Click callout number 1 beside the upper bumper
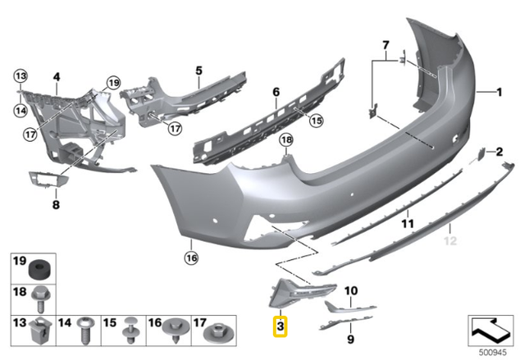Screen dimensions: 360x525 coord(497,93)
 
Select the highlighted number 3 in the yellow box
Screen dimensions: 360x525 coord(281,326)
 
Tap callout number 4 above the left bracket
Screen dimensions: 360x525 coord(57,78)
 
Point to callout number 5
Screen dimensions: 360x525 coord(198,71)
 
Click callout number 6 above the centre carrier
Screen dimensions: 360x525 coord(276,92)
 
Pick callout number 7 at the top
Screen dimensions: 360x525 coord(385,43)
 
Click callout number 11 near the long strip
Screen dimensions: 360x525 coord(405,222)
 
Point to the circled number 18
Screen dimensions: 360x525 coord(286,141)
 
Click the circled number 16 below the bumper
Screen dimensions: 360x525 coord(191,257)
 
